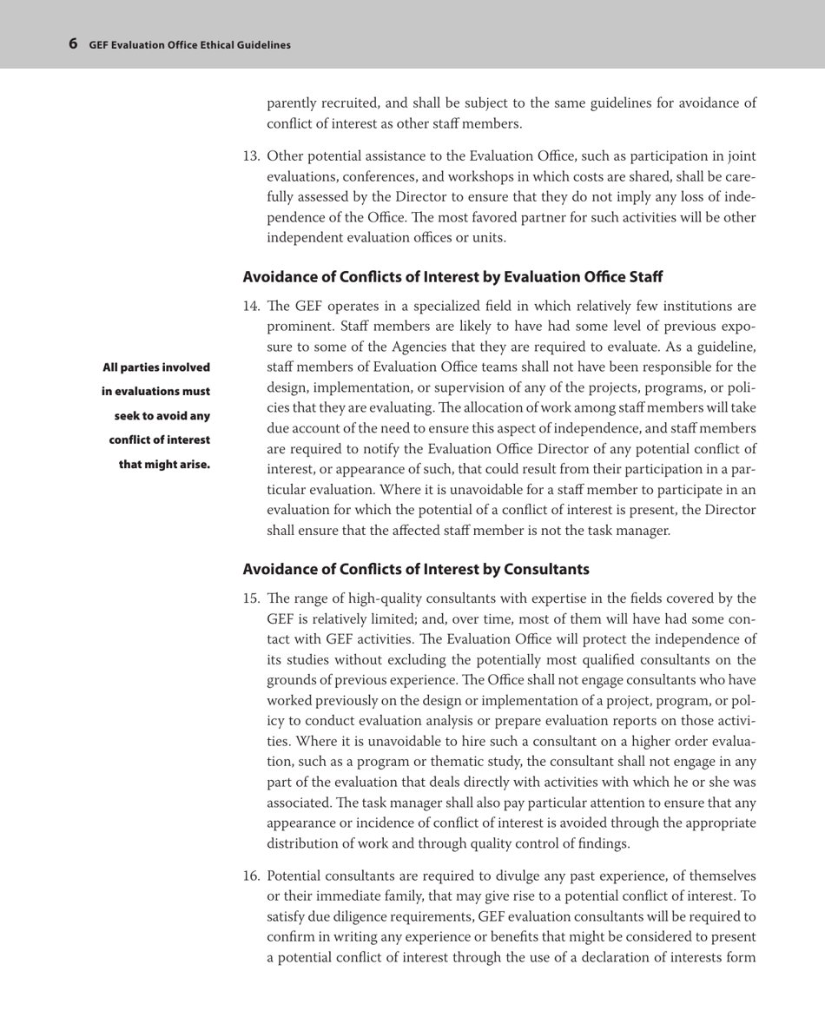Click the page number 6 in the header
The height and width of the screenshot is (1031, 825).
(73, 43)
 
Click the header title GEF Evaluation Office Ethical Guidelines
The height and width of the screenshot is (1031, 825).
(189, 44)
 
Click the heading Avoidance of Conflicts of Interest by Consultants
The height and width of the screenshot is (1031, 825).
(416, 570)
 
